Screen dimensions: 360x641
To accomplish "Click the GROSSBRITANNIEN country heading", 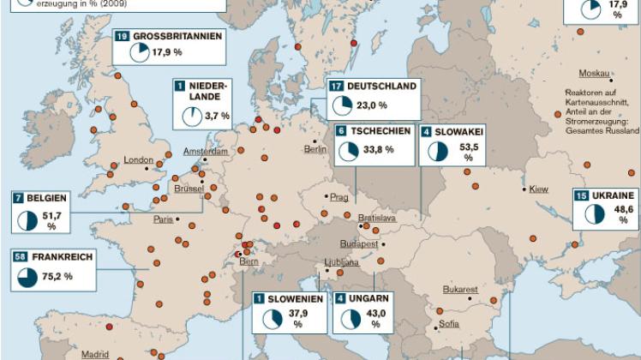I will (177, 37).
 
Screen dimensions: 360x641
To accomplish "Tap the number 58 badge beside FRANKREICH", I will (20, 256).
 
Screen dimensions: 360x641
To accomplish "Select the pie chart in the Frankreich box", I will (27, 277).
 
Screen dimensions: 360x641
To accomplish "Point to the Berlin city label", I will (315, 149).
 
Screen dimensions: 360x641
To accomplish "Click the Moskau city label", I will (594, 73).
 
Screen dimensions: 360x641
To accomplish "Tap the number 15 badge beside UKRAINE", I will (580, 195).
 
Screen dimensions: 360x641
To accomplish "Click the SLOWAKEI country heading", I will (460, 133).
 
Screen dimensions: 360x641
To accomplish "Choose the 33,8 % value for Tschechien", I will (378, 149).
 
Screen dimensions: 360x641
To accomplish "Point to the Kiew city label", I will (539, 189).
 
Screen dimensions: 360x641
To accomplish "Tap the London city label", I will (138, 160).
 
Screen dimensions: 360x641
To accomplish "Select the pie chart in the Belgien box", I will (27, 219).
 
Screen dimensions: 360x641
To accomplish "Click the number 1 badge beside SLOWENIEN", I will (258, 298).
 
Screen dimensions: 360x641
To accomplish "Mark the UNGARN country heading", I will (371, 298).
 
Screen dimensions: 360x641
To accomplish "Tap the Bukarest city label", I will (460, 290).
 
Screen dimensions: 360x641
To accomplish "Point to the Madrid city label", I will (95, 353).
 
